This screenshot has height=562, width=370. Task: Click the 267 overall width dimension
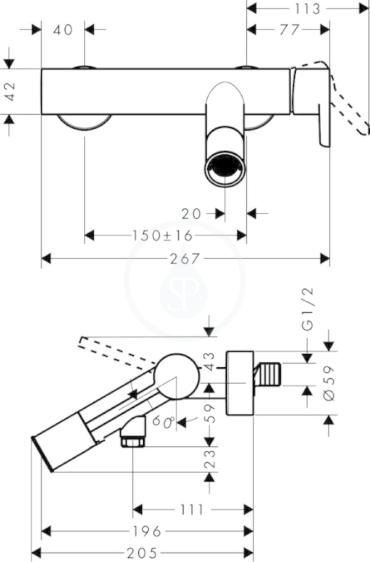click(184, 258)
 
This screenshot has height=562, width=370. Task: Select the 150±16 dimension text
click(163, 235)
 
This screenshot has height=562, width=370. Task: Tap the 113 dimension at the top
click(307, 9)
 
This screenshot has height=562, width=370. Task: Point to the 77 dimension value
click(289, 30)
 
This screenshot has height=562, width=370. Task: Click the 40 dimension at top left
click(63, 30)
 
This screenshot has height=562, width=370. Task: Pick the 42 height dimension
click(10, 91)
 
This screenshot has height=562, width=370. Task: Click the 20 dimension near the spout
click(191, 214)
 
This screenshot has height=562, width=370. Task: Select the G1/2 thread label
click(308, 308)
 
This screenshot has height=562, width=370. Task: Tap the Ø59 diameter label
click(328, 383)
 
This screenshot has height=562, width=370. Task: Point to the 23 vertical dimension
click(209, 459)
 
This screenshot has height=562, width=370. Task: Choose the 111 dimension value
click(192, 509)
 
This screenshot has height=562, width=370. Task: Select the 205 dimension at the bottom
click(142, 553)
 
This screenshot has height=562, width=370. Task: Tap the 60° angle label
click(163, 421)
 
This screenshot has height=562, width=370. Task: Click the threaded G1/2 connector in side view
click(268, 374)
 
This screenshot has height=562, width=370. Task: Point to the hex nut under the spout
click(133, 441)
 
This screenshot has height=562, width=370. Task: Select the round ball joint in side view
click(176, 376)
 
